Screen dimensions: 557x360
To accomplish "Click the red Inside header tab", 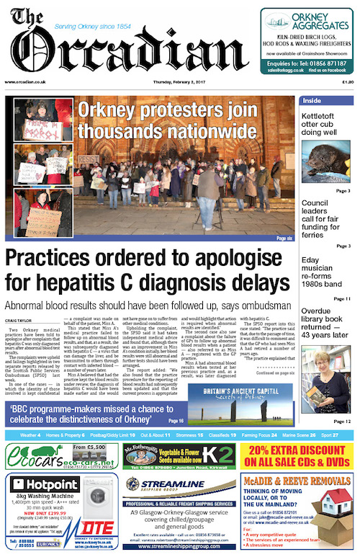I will pyautogui.click(x=313, y=100).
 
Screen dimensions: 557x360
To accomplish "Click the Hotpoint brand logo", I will pyautogui.click(x=43, y=484).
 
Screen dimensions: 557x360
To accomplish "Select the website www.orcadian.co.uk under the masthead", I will pyautogui.click(x=22, y=82).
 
